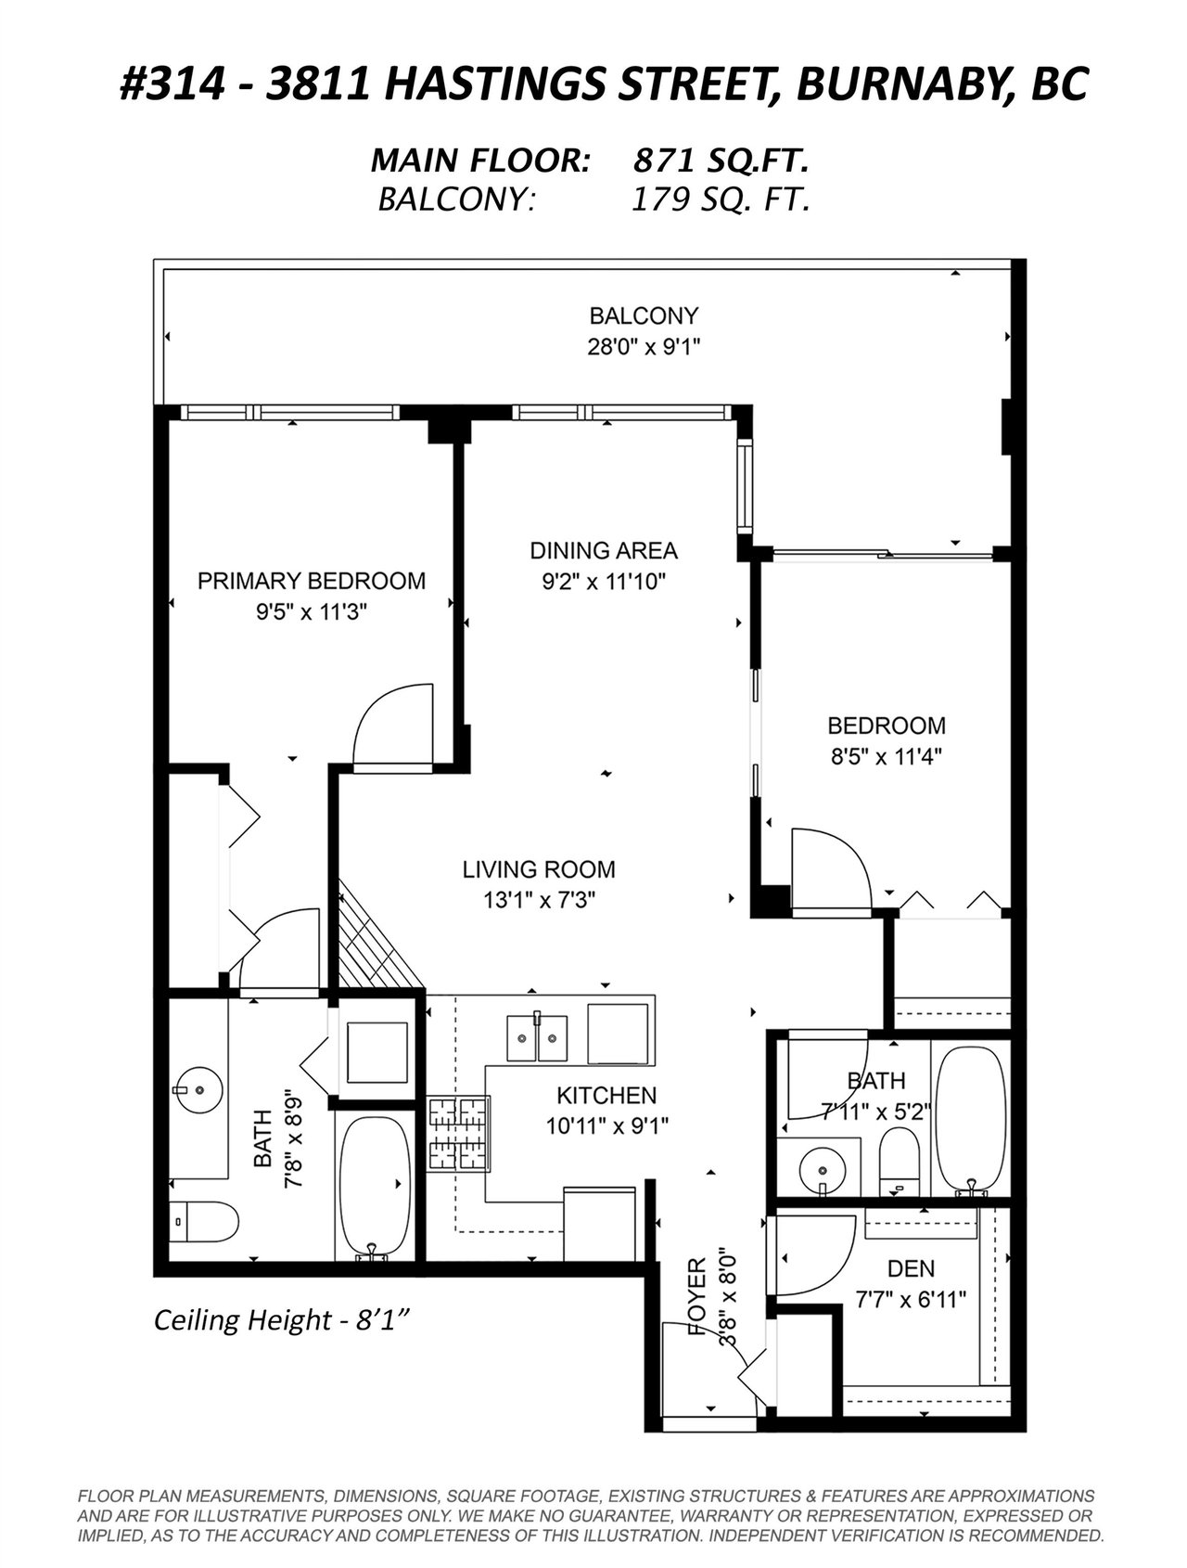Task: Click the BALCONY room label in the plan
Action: coord(644,315)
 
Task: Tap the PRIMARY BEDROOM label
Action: coord(312,581)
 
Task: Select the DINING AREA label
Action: coord(604,550)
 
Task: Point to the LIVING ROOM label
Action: coord(539,869)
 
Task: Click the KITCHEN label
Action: coord(606,1095)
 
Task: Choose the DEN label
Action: coord(911,1268)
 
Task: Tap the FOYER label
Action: coord(698,1297)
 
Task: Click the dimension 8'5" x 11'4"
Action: coord(887,756)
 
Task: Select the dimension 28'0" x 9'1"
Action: coord(644,347)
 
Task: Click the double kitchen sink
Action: coord(537,1038)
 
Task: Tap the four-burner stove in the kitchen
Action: coord(458,1134)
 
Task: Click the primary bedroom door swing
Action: coord(393,723)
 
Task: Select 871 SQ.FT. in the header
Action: coord(720,161)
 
